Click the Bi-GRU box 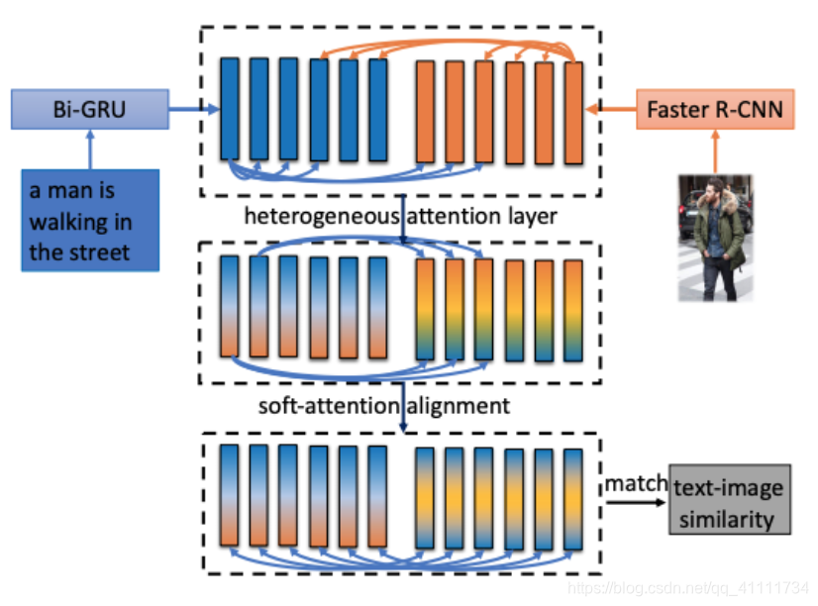pos(89,109)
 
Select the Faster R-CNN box pos(714,109)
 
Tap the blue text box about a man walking pos(90,220)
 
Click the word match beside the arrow pos(635,484)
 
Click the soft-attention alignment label pos(383,405)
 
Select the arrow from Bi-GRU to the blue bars pos(192,109)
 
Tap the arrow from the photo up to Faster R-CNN pos(713,151)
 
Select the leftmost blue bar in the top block pos(230,108)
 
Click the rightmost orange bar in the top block pos(573,112)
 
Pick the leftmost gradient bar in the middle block pos(230,305)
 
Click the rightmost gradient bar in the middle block pos(573,309)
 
